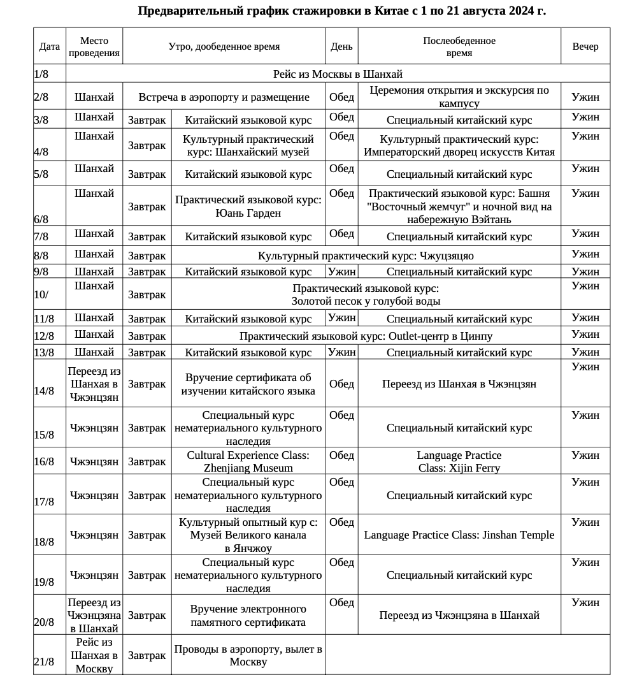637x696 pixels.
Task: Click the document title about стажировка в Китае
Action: [x=341, y=11]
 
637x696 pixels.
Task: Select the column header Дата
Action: [x=50, y=47]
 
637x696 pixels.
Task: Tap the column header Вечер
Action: [x=585, y=47]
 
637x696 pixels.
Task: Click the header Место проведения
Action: [x=94, y=47]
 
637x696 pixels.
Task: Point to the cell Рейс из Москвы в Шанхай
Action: [x=338, y=74]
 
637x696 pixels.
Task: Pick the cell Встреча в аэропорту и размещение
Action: [x=224, y=97]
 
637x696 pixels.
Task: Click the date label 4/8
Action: [x=41, y=152]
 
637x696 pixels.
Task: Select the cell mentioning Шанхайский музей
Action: [x=248, y=145]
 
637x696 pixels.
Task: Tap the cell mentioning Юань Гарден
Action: [x=248, y=207]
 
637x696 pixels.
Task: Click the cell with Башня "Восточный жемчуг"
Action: [x=459, y=207]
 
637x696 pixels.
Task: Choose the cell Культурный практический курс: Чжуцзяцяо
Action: [x=366, y=256]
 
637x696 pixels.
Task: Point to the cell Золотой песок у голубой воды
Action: [x=366, y=294]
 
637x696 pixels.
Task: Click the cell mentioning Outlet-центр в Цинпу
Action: [x=366, y=336]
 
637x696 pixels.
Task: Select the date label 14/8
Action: [x=44, y=391]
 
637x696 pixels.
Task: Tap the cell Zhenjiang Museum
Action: [x=248, y=461]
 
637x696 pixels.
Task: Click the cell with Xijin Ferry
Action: [x=459, y=461]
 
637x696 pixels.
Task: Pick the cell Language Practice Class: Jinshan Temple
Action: [x=459, y=535]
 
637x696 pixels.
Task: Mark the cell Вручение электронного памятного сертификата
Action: [x=248, y=616]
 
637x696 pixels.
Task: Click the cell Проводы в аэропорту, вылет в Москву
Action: [x=248, y=655]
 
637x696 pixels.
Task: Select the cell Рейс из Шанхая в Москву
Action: [x=94, y=655]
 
